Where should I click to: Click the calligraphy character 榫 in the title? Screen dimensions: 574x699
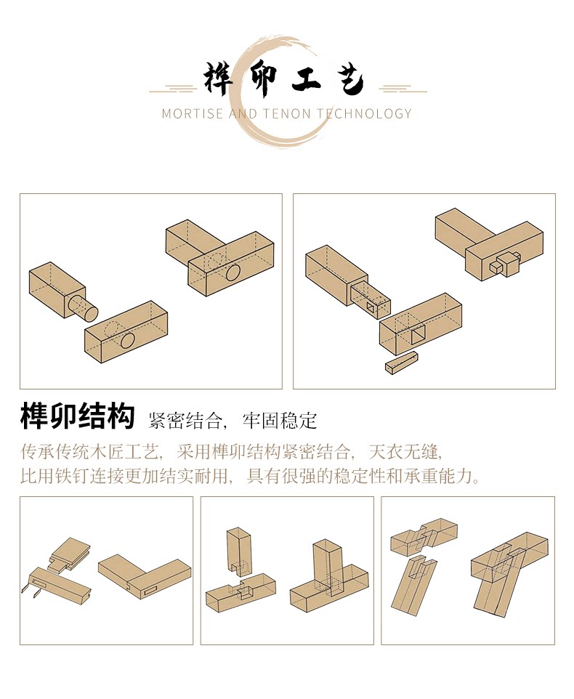[x=219, y=80]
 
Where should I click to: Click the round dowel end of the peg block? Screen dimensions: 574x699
[x=87, y=310]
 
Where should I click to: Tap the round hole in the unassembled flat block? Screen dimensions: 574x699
[x=128, y=339]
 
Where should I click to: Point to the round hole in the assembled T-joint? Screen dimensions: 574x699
[x=233, y=273]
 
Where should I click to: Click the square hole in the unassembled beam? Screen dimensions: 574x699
[x=419, y=336]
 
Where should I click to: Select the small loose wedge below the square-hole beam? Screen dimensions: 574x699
[x=402, y=362]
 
